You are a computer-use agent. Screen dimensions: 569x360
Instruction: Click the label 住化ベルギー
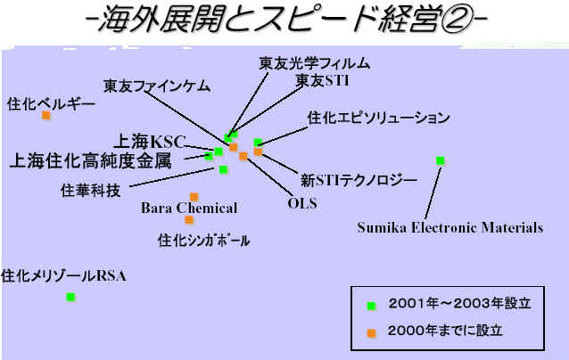point(51,104)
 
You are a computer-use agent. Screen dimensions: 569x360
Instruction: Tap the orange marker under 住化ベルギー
point(46,116)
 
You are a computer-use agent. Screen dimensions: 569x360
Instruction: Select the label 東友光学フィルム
point(314,63)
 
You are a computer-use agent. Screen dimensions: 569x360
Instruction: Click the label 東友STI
point(322,80)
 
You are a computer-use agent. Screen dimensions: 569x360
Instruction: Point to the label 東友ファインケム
point(157,86)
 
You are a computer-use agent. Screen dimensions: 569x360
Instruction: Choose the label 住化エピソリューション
point(378,118)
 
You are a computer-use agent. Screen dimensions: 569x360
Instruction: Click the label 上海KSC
point(150,142)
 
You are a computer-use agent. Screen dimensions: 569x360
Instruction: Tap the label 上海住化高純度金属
point(90,161)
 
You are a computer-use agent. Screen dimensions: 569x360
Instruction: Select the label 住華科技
point(90,191)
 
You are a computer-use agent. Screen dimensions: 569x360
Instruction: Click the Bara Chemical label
point(189,209)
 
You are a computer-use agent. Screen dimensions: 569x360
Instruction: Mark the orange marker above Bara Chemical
point(194,197)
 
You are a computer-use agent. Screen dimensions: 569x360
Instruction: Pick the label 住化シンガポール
point(203,241)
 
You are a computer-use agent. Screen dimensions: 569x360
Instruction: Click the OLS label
point(302,203)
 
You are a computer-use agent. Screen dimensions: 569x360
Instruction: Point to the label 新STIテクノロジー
point(359,181)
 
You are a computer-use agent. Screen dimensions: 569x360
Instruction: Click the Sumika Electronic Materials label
point(450,228)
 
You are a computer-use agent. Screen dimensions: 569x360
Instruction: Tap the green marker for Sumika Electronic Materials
point(441,160)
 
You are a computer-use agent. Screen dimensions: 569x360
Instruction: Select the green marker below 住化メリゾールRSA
point(70,298)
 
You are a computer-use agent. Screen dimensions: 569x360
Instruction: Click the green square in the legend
point(371,306)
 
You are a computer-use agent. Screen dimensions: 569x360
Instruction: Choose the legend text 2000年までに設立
point(445,331)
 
